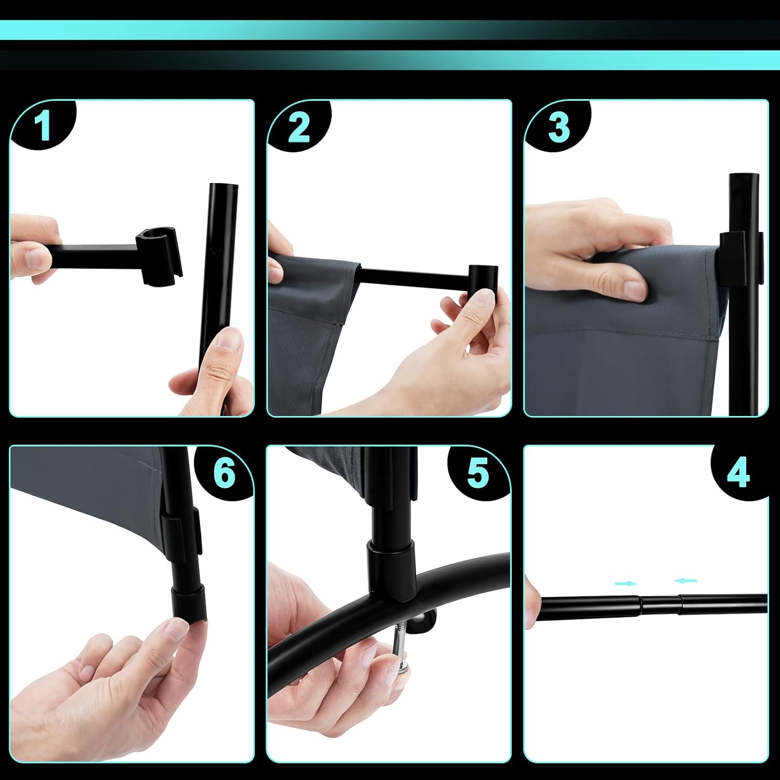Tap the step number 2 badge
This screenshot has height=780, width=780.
click(x=299, y=126)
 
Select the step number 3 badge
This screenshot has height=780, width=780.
click(x=558, y=126)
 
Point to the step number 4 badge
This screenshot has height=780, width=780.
click(x=739, y=473)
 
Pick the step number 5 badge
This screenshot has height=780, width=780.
click(x=478, y=473)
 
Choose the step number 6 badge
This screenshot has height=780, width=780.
click(x=224, y=473)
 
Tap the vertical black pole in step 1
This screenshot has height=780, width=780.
click(x=219, y=291)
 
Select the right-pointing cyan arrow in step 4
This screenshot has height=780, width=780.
click(x=627, y=584)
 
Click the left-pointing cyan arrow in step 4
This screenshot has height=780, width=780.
click(x=685, y=581)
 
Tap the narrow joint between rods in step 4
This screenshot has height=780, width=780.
click(x=661, y=604)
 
